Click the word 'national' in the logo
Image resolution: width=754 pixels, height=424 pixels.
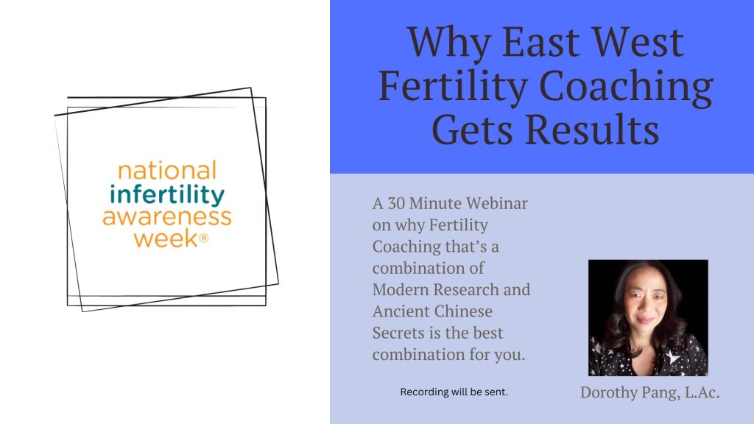coord(167,171)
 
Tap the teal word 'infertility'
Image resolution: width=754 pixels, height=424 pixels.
coord(167,195)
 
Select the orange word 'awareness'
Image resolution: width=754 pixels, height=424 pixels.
coord(167,217)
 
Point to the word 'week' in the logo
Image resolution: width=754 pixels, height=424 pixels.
coord(166,239)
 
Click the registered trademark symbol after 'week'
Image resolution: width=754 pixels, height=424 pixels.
coord(203,238)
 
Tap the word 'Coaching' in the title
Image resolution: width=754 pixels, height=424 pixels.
coord(626,88)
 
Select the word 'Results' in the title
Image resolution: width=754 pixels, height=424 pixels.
coord(592,130)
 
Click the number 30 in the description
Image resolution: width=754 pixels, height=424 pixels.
coord(396,203)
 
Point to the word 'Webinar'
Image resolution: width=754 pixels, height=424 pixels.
coord(497,203)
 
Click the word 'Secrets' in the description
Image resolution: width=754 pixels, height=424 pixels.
coord(398,333)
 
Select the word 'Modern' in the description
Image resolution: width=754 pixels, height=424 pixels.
coord(400,289)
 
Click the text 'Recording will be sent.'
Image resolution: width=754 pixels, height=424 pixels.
coord(454,392)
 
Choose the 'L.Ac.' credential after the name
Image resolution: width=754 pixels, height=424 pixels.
coord(702,392)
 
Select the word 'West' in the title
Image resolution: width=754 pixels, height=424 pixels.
coord(637,42)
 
